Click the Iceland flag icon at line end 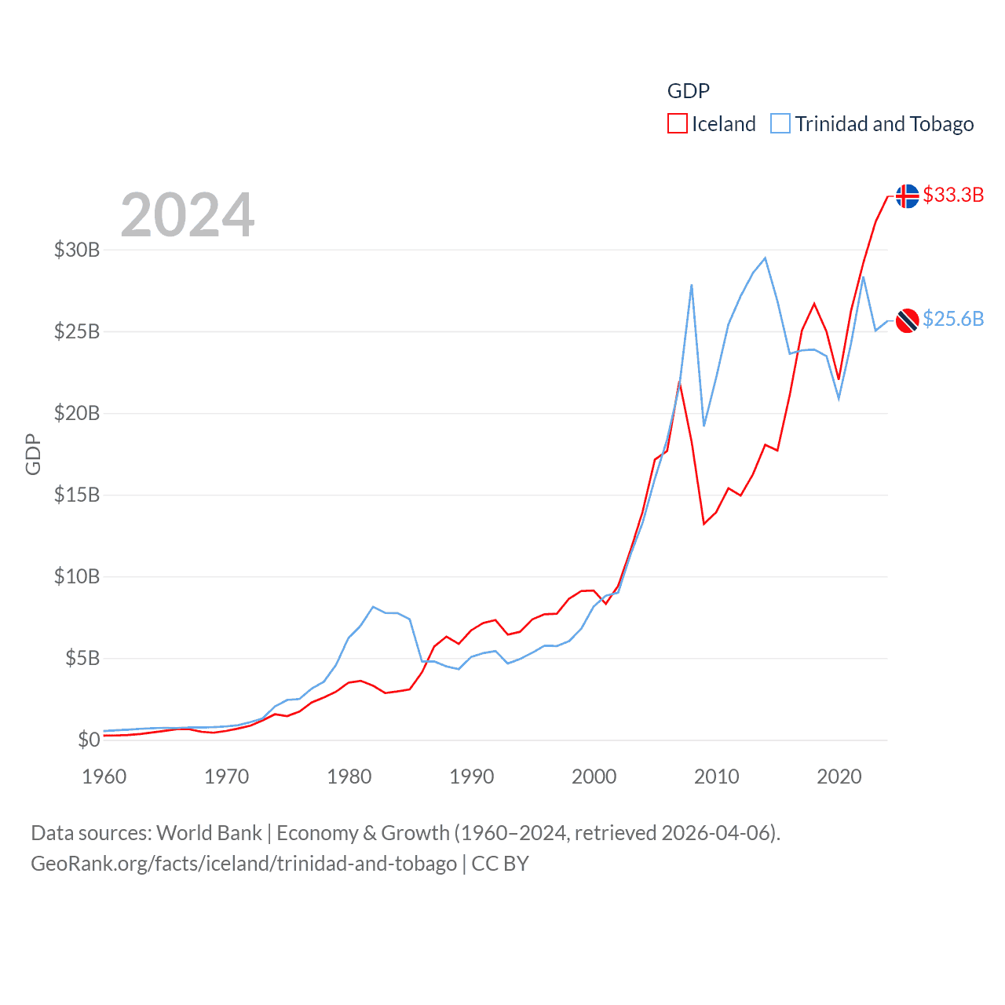(907, 196)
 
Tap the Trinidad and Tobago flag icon (907, 320)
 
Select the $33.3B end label (953, 195)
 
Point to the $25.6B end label (953, 319)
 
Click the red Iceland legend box (677, 124)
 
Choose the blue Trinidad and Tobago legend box (780, 124)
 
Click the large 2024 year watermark (188, 214)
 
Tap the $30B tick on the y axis (77, 250)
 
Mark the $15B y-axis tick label (77, 495)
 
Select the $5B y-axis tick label (82, 658)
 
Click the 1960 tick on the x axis (104, 777)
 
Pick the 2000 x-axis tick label (594, 777)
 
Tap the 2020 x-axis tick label (839, 777)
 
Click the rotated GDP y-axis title (33, 454)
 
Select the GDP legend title (689, 91)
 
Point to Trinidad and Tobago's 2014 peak (765, 258)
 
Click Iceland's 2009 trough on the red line (704, 524)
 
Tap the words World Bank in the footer (210, 832)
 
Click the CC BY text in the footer (500, 864)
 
